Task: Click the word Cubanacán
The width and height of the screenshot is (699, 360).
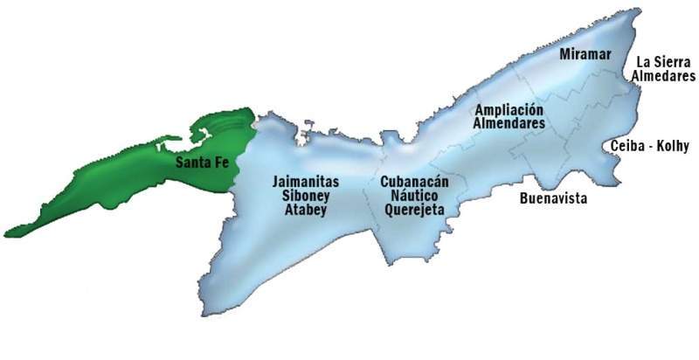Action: tap(414, 182)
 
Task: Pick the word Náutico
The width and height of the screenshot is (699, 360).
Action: tap(414, 196)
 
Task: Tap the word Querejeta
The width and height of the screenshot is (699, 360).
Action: tap(414, 210)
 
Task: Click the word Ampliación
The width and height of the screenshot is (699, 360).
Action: tap(509, 110)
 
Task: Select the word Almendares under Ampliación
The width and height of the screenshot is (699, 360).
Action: tap(509, 124)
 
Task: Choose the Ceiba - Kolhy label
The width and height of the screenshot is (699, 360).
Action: tap(651, 144)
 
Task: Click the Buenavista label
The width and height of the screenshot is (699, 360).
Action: tap(552, 199)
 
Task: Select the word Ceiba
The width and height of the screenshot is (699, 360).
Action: tap(627, 144)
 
